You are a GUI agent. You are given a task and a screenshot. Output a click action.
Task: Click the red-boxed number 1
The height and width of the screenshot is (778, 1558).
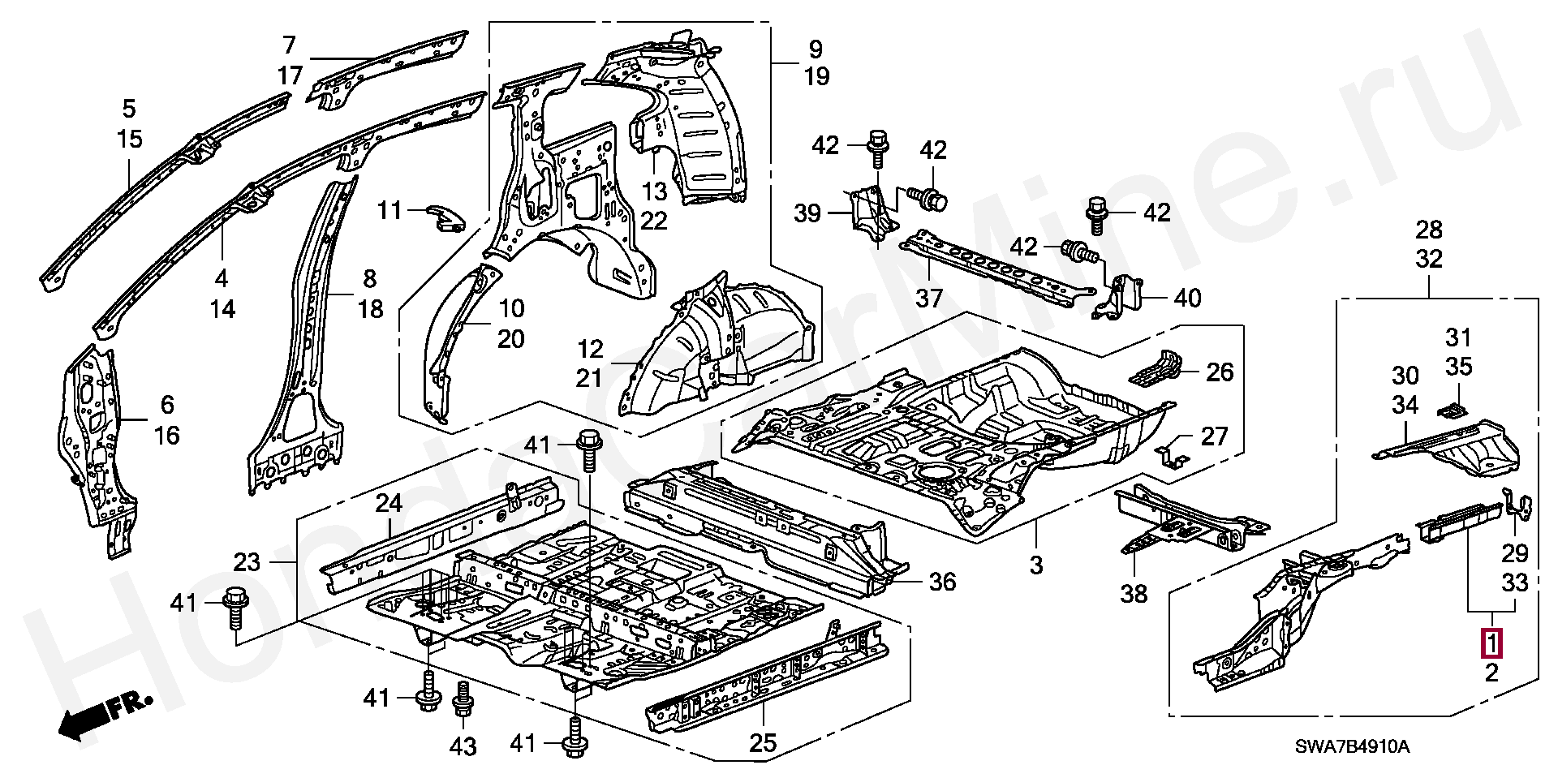(1492, 643)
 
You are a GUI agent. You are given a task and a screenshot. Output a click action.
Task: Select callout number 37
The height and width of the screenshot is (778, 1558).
(929, 299)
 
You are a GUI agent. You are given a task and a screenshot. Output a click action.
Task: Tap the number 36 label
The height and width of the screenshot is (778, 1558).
(942, 581)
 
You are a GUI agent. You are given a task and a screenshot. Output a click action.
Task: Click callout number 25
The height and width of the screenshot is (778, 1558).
(764, 742)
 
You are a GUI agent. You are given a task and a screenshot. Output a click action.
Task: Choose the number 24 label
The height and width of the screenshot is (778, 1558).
(389, 504)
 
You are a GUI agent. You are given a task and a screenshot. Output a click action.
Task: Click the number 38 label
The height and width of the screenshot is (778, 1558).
(1134, 594)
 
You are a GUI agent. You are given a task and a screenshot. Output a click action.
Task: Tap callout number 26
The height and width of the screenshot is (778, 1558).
(1220, 372)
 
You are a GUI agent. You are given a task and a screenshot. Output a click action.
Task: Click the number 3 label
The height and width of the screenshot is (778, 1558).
(1036, 565)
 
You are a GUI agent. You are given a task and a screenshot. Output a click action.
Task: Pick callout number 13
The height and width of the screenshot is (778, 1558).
(654, 191)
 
